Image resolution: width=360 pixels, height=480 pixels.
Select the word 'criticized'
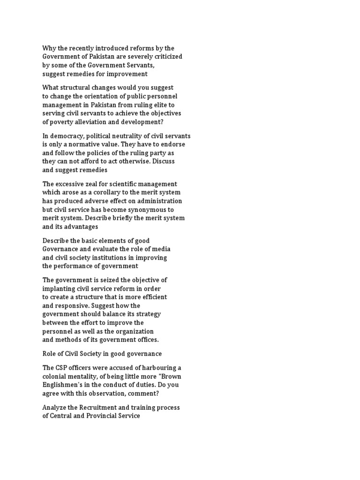pyautogui.click(x=166, y=57)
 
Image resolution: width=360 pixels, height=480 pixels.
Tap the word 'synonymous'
pyautogui.click(x=150, y=210)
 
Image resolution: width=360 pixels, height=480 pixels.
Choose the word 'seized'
pyautogui.click(x=110, y=280)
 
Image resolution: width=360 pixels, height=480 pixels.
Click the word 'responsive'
pyautogui.click(x=74, y=306)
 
